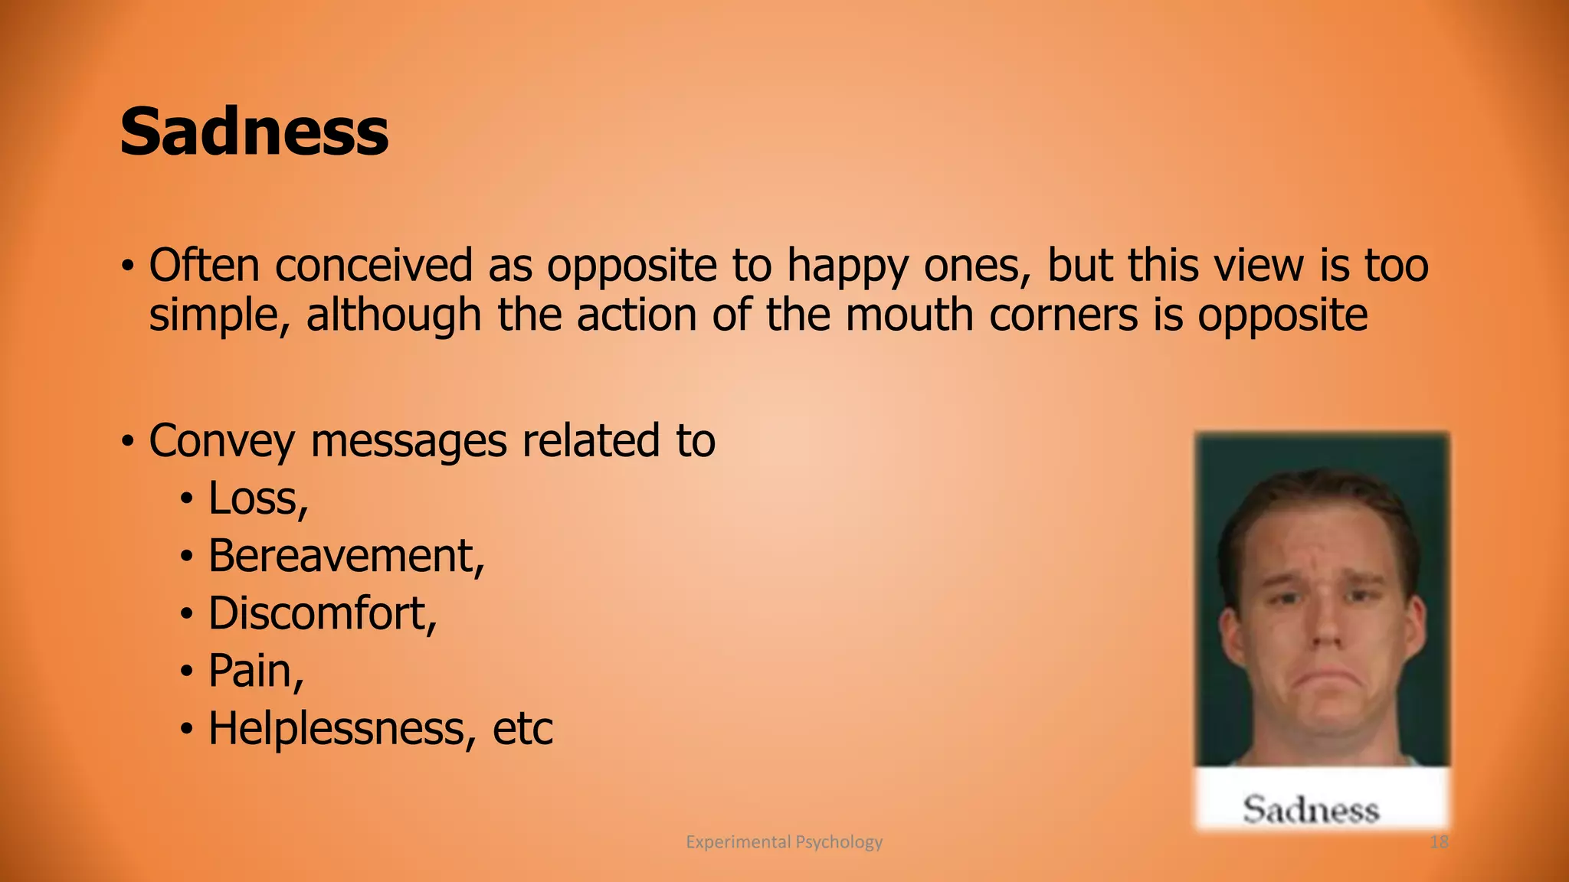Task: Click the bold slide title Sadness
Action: (x=254, y=132)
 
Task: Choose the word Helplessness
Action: (x=336, y=728)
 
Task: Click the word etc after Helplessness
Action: (x=522, y=728)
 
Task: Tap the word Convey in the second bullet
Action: (x=221, y=442)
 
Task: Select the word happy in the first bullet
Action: (x=848, y=266)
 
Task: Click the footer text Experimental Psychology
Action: (x=784, y=842)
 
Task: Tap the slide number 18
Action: (x=1439, y=842)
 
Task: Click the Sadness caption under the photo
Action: (x=1311, y=810)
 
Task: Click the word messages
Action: (x=408, y=442)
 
